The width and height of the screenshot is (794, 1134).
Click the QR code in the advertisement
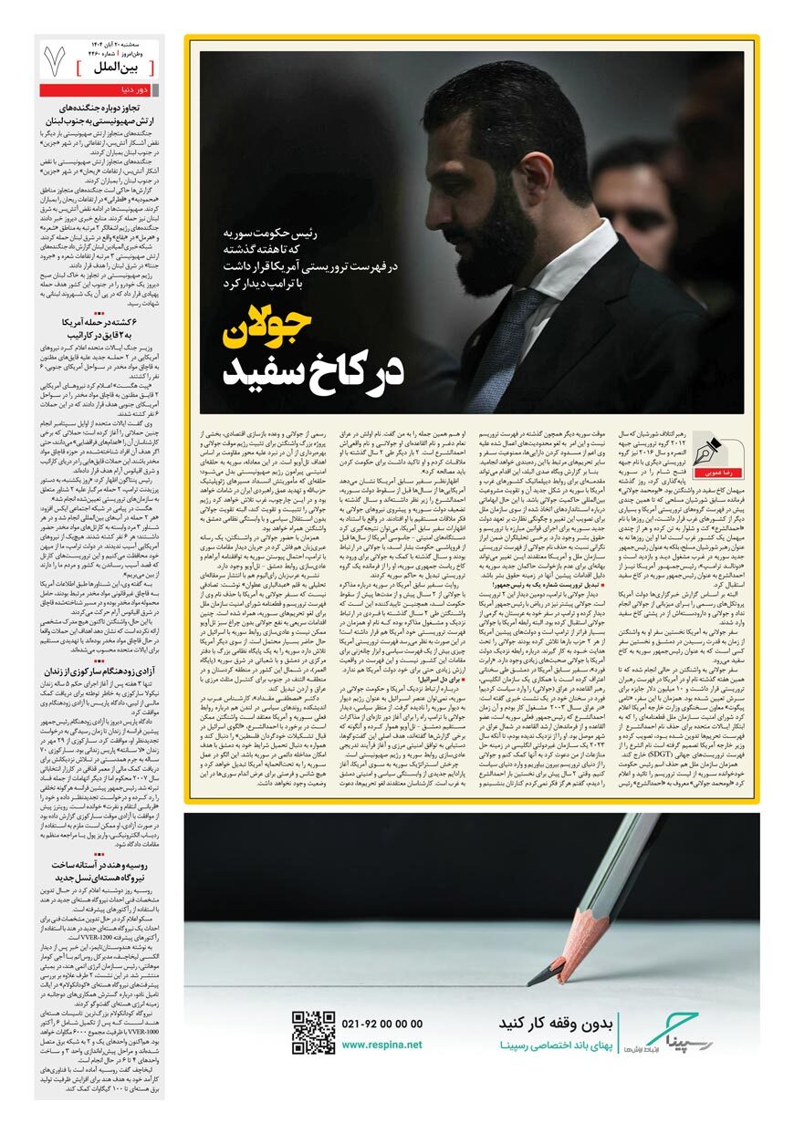313,1033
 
